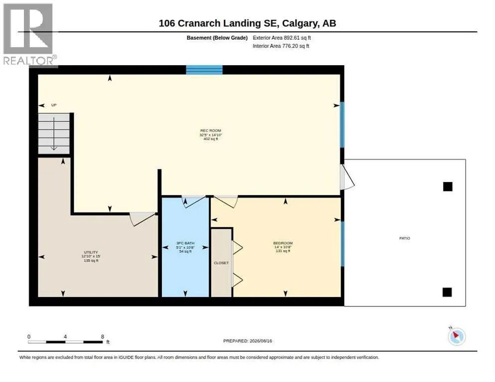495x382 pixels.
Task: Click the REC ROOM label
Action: tap(211, 131)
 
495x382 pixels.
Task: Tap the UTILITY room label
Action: tap(91, 252)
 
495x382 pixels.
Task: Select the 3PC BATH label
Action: tap(185, 243)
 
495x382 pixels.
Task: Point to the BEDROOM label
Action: tap(283, 243)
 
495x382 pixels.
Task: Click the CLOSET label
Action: tap(221, 263)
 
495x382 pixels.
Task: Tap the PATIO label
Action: tap(405, 238)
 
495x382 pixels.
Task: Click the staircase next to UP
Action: tap(54, 133)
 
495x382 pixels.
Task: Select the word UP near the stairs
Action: tap(54, 105)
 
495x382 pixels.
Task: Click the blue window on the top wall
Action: tap(204, 70)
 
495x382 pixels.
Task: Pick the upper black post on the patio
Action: tap(448, 187)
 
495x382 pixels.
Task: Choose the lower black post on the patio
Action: tap(447, 292)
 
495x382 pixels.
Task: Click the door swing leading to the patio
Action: tap(347, 177)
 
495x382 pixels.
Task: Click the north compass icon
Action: tap(457, 336)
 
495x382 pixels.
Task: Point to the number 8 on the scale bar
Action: tap(102, 337)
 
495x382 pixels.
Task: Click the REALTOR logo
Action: tap(30, 35)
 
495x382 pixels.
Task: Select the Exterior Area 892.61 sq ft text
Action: tap(281, 38)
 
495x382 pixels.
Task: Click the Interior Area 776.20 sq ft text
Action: tap(281, 46)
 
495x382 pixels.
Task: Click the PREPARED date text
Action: tap(247, 341)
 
